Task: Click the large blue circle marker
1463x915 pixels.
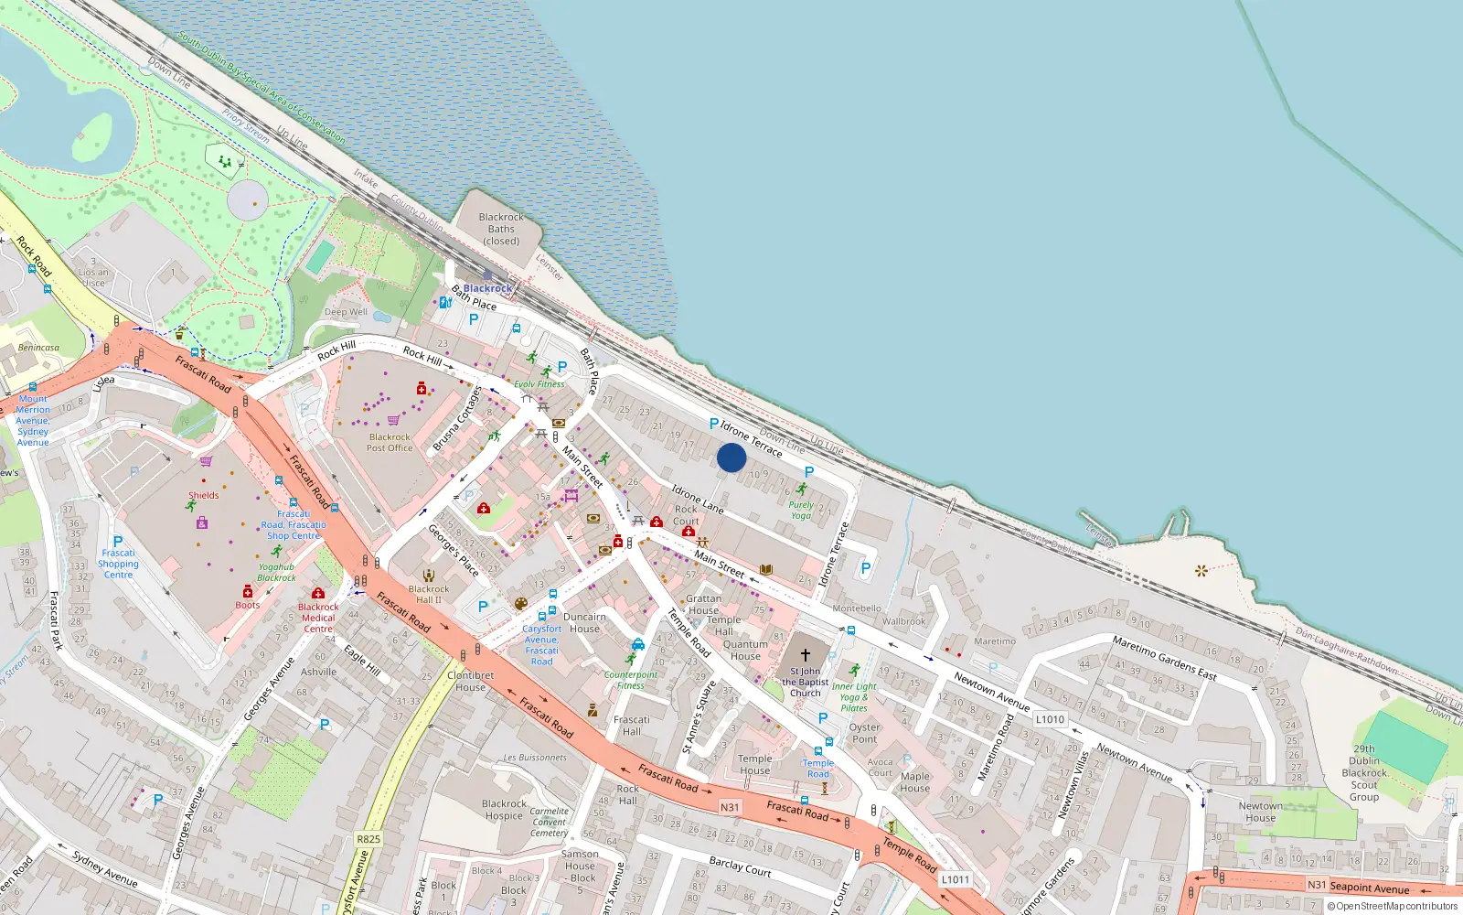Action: pyautogui.click(x=731, y=457)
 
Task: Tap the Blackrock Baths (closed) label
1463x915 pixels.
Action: pyautogui.click(x=501, y=230)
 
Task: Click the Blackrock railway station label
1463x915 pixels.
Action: pyautogui.click(x=487, y=288)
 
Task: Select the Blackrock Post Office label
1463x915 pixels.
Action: pyautogui.click(x=390, y=443)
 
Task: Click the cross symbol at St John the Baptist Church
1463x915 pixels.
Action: pyautogui.click(x=805, y=655)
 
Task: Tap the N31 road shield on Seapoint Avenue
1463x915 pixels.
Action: pyautogui.click(x=1317, y=885)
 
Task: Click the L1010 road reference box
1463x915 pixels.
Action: pyautogui.click(x=1050, y=719)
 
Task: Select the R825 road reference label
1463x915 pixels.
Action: pyautogui.click(x=368, y=839)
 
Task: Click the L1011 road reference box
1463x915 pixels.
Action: pyautogui.click(x=955, y=879)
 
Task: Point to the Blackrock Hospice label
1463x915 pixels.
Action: pyautogui.click(x=504, y=810)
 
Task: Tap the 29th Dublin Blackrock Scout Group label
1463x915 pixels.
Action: pyautogui.click(x=1364, y=772)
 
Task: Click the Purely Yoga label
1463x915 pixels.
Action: pyautogui.click(x=801, y=510)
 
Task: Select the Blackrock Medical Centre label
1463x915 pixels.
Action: pyautogui.click(x=318, y=618)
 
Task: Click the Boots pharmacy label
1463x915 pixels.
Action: pyautogui.click(x=248, y=605)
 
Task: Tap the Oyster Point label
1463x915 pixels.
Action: pyautogui.click(x=864, y=733)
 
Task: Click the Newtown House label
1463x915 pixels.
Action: pyautogui.click(x=1260, y=813)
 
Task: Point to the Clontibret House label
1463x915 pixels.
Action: pyautogui.click(x=471, y=682)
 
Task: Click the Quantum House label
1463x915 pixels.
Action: pyautogui.click(x=745, y=650)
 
